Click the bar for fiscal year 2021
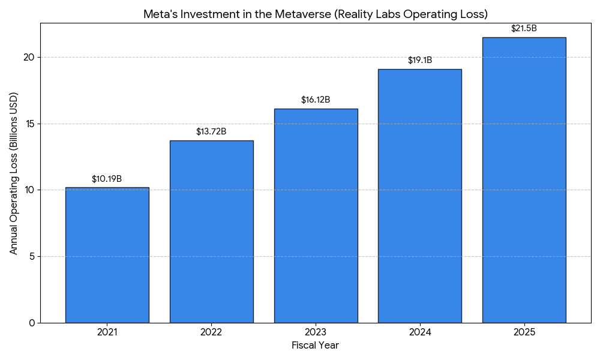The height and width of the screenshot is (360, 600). tap(107, 255)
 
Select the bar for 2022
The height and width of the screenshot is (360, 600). tap(211, 232)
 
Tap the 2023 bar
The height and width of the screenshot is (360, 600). tap(316, 216)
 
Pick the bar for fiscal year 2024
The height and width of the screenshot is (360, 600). tap(419, 196)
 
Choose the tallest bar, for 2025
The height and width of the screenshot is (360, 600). tap(524, 180)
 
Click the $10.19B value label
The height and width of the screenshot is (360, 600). tap(107, 179)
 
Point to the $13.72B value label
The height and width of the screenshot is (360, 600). tap(211, 131)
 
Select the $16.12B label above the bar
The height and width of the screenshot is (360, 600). tap(316, 100)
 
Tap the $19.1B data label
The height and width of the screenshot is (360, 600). tap(419, 60)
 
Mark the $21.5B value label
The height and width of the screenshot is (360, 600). tap(524, 28)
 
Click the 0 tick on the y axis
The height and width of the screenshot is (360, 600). tap(32, 323)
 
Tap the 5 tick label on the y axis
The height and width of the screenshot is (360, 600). tap(32, 257)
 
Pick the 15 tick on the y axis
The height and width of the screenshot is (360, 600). tap(29, 124)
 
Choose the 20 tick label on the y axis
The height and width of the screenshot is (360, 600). tap(29, 58)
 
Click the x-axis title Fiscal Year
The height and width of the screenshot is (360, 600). tap(315, 346)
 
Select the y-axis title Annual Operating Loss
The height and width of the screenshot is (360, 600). tap(14, 173)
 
